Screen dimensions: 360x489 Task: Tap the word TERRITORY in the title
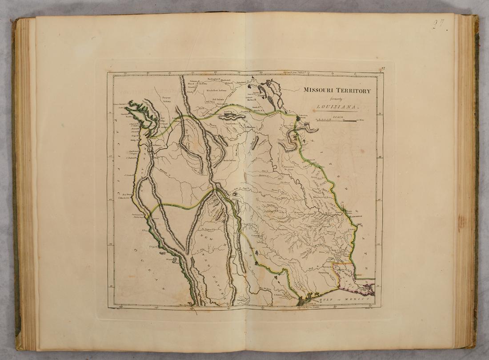pos(353,90)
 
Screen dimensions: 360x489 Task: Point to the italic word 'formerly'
pos(337,99)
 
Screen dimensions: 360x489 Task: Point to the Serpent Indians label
pos(167,98)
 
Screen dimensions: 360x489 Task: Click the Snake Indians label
pos(228,160)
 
